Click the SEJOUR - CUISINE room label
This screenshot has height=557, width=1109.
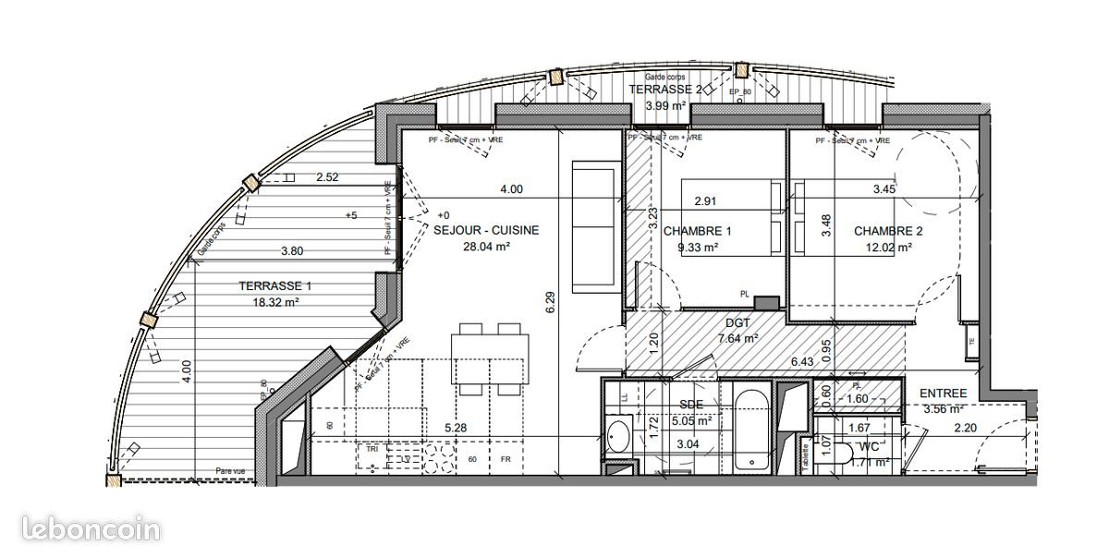coord(485,231)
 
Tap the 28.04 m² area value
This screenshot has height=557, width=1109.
coord(487,247)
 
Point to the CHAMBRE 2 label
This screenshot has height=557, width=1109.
coord(887,231)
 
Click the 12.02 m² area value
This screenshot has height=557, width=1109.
coord(887,247)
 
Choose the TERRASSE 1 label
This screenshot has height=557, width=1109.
coord(249,285)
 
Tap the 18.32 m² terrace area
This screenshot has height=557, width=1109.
coord(249,301)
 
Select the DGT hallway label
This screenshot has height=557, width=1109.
coord(739,323)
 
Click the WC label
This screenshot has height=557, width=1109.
coord(869,447)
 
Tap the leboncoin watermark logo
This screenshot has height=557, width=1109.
coord(80,529)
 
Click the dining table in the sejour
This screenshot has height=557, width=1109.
coord(490,356)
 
